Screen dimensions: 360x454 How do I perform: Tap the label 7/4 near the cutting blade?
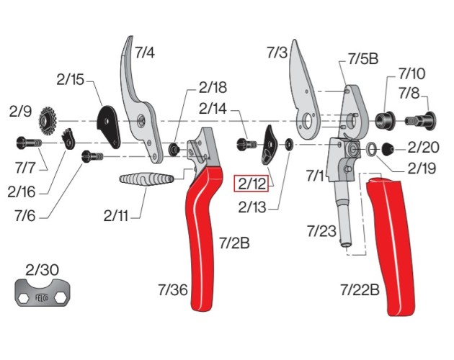pos(144,52)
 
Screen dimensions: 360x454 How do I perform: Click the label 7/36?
pos(172,289)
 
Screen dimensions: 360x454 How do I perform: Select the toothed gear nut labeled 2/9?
pos(50,117)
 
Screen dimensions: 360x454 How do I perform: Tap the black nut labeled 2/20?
pos(387,149)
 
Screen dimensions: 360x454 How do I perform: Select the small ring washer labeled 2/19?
pos(370,150)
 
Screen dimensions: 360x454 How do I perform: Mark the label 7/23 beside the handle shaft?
pos(321,231)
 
